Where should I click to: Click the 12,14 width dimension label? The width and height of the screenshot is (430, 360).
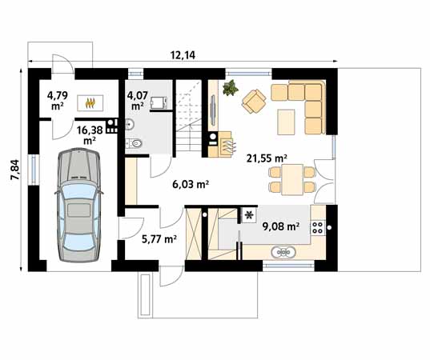point(183,55)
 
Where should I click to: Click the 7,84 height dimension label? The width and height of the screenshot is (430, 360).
point(14,170)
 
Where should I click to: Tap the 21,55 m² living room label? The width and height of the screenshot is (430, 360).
point(267,158)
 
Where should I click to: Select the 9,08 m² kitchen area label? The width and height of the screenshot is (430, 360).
point(280,226)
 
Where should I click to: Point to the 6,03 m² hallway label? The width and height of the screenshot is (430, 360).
point(191,184)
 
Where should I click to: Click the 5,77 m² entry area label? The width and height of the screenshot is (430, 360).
point(159,239)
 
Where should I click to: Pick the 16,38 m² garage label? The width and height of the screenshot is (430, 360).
point(90,134)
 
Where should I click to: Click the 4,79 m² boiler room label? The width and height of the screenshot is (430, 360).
point(58,101)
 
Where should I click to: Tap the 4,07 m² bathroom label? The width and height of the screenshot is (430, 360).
point(138,101)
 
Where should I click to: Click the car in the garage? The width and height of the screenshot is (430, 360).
point(79,206)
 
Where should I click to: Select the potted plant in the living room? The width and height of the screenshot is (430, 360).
point(231,88)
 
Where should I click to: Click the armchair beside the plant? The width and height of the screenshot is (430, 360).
point(254,101)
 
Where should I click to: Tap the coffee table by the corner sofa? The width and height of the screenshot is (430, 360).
point(286,122)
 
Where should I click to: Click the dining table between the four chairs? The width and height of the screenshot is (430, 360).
point(292,180)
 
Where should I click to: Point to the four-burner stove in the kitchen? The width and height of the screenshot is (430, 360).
point(318,227)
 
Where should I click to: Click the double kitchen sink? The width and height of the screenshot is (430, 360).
point(283,252)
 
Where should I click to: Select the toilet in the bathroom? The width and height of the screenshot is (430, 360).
point(134,143)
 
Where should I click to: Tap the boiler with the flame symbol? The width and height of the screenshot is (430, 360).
point(90,102)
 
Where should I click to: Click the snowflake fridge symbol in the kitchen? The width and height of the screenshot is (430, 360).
point(249,215)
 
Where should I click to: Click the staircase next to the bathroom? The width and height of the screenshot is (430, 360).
point(189,118)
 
